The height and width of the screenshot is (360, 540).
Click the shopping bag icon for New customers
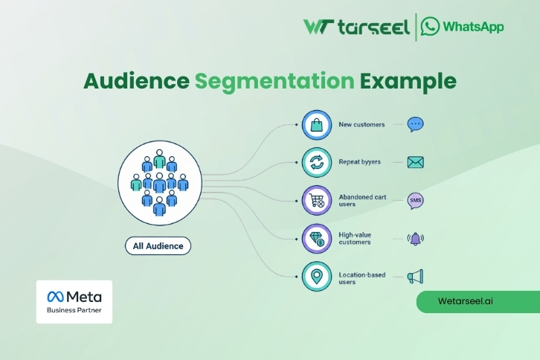[x=316, y=125]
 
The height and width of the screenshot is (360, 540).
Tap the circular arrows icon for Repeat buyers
[x=316, y=162]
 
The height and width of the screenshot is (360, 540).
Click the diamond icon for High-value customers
[x=316, y=239]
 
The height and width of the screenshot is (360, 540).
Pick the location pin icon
[x=316, y=277]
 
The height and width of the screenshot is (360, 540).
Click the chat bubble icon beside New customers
[x=415, y=124]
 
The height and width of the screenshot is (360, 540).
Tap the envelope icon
[x=415, y=162]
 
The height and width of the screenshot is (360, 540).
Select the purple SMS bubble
[x=415, y=201]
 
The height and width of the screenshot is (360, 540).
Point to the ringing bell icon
[x=415, y=239]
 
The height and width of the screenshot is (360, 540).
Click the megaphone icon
[x=415, y=277]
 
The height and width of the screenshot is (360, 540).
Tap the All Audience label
[x=158, y=245]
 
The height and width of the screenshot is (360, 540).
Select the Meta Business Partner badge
[x=74, y=301]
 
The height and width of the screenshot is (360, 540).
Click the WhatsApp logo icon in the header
[x=430, y=27]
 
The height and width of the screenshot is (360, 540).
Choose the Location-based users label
[x=361, y=278]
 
